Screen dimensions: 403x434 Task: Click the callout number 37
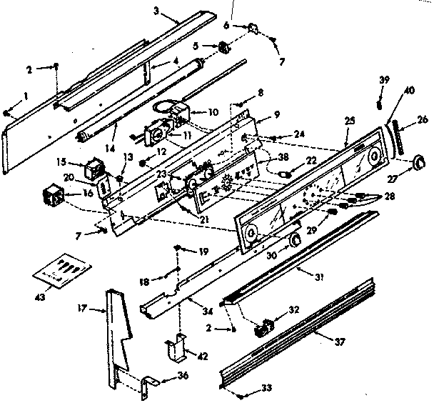click(x=340, y=342)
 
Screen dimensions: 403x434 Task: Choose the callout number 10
click(x=212, y=111)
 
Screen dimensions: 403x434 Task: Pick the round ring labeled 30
click(x=293, y=242)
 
